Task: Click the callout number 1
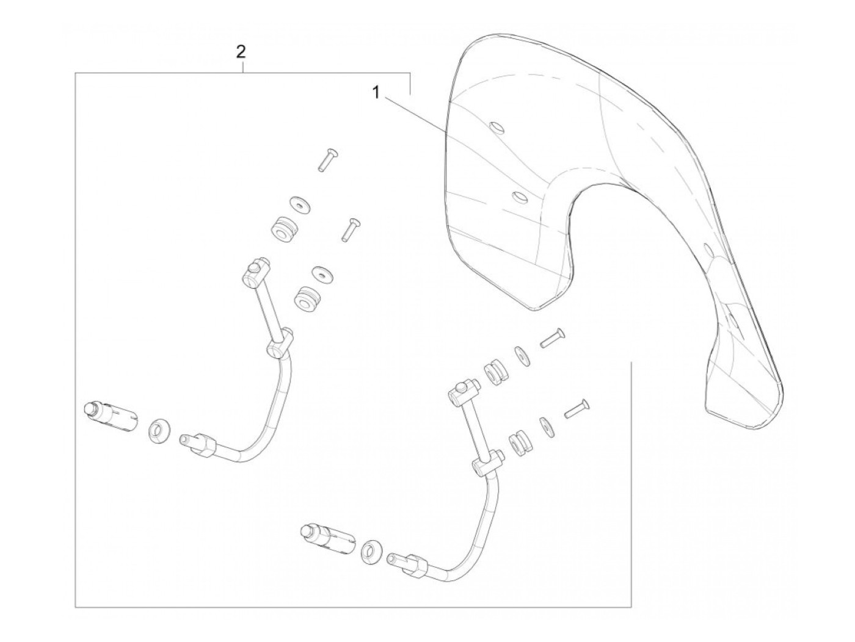[376, 93]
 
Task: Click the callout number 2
[241, 52]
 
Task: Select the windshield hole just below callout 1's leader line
[520, 197]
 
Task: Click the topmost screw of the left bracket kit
[327, 159]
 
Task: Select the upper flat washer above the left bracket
[299, 204]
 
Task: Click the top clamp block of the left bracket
[255, 272]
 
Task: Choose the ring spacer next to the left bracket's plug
[159, 430]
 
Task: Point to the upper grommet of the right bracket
[496, 373]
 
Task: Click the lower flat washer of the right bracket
[546, 427]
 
